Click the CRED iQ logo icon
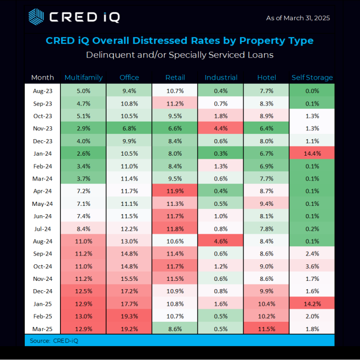coord(36,17)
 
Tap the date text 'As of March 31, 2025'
coord(298,18)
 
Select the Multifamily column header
coord(83,78)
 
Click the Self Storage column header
coord(312,78)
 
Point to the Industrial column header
coord(221,78)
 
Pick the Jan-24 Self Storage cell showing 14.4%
coord(312,153)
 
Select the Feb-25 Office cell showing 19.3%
coord(129,316)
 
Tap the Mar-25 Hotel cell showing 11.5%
coord(266,328)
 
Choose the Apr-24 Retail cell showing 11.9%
coord(175,191)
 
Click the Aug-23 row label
coord(42,91)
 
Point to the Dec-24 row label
coord(42,291)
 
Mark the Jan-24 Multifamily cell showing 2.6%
coord(83,153)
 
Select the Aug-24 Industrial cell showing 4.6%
coord(221,241)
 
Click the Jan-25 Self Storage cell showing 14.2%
coord(312,303)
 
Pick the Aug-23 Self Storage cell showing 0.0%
coord(312,91)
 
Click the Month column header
coord(42,78)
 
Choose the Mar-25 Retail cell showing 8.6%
coord(175,328)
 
